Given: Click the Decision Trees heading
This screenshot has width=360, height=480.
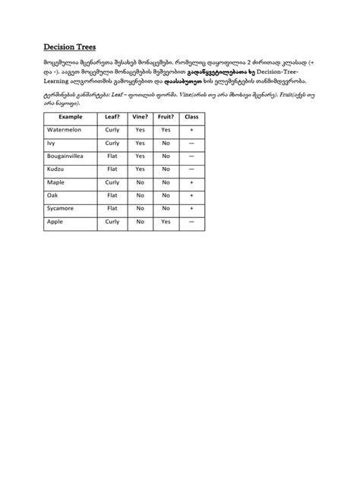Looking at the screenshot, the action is pyautogui.click(x=70, y=47).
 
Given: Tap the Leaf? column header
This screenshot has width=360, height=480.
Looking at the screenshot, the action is pyautogui.click(x=112, y=117).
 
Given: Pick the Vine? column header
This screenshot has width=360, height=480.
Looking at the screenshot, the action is pyautogui.click(x=140, y=117).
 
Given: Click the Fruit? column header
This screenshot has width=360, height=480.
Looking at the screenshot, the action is pyautogui.click(x=166, y=117).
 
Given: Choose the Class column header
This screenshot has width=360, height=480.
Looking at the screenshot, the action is pyautogui.click(x=191, y=117).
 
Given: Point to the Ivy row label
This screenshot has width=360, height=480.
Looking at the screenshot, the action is pyautogui.click(x=51, y=143).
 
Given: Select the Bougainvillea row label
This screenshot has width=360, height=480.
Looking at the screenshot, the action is pyautogui.click(x=68, y=156).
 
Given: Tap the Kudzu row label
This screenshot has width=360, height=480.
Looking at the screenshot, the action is pyautogui.click(x=55, y=169).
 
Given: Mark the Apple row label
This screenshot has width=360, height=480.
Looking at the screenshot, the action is pyautogui.click(x=55, y=221).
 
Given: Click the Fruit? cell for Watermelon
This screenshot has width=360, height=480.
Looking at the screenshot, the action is pyautogui.click(x=166, y=130).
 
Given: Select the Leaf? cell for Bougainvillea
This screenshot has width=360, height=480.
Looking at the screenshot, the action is pyautogui.click(x=112, y=156).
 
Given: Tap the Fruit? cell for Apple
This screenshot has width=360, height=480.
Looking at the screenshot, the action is pyautogui.click(x=166, y=221).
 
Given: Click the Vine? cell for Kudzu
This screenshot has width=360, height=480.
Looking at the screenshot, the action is pyautogui.click(x=140, y=169).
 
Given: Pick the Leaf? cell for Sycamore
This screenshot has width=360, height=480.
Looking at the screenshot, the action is pyautogui.click(x=112, y=207).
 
